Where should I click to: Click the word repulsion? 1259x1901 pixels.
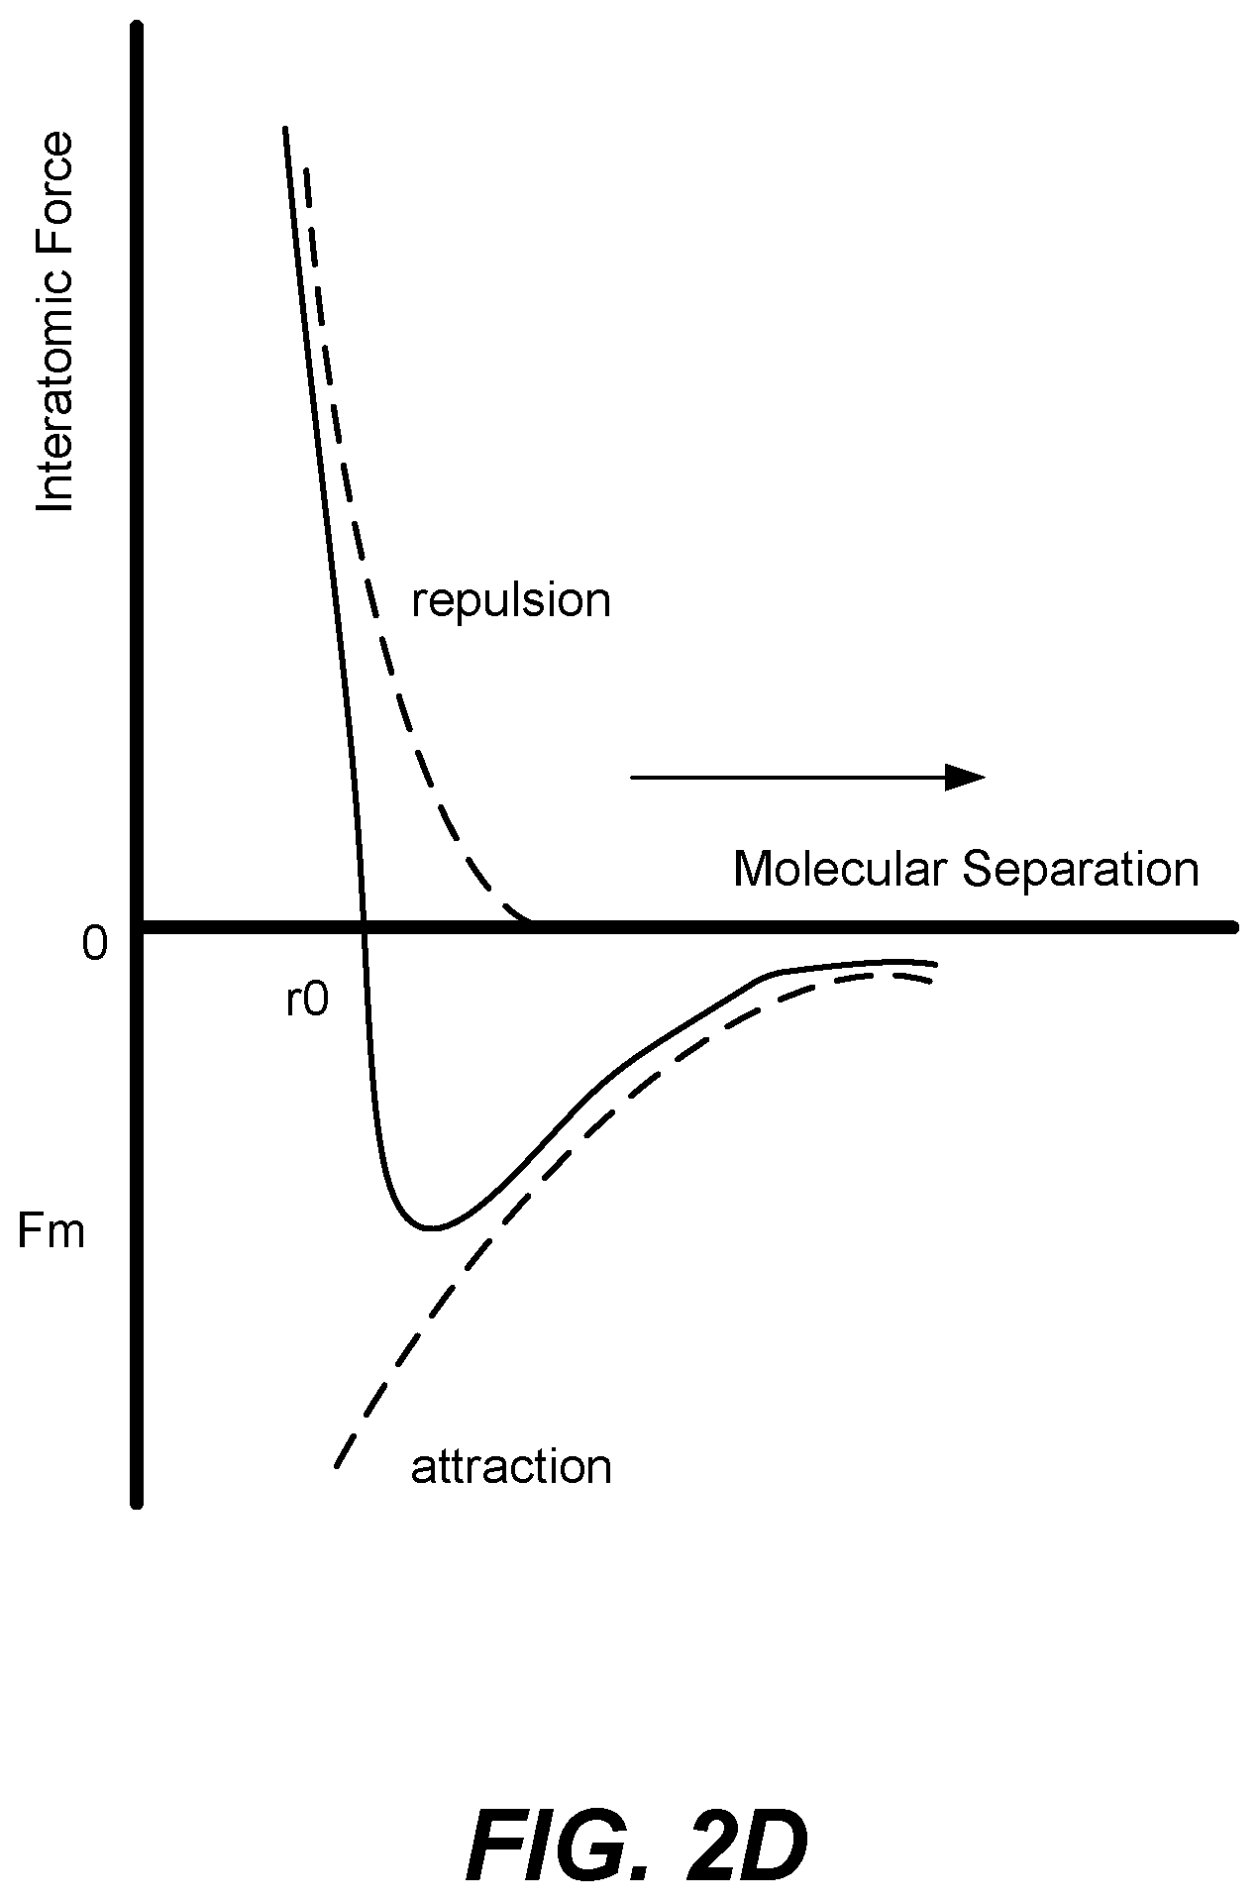click(x=511, y=601)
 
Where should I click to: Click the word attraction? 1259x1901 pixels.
click(x=511, y=1467)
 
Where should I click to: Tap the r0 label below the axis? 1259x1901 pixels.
click(x=306, y=1002)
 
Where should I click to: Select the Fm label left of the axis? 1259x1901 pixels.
click(x=52, y=1232)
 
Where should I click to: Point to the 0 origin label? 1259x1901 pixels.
click(x=95, y=945)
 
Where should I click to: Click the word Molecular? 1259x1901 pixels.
click(x=841, y=869)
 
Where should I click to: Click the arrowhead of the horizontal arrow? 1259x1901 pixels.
click(x=966, y=778)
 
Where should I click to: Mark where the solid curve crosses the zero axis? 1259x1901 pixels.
click(x=364, y=927)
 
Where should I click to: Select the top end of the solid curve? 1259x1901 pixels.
click(x=285, y=128)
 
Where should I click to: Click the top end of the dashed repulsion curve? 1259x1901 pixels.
click(x=306, y=168)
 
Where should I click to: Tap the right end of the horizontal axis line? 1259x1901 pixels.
click(x=1234, y=928)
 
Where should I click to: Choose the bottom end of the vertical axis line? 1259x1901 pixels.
click(x=137, y=1505)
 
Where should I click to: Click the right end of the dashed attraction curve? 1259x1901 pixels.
click(x=933, y=983)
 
